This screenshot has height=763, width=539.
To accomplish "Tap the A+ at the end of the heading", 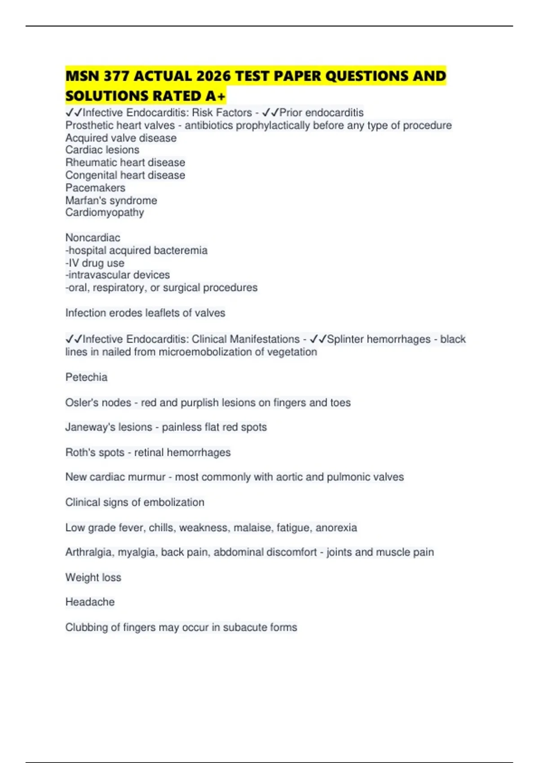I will click(x=216, y=96).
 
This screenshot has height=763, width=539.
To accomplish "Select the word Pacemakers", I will click(x=95, y=188).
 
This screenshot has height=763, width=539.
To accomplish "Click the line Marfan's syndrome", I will click(x=111, y=200).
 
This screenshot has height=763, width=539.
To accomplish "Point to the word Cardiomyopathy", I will click(x=105, y=212).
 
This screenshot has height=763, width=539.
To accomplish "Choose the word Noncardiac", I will click(x=93, y=237).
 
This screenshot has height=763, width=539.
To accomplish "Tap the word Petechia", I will click(x=86, y=377).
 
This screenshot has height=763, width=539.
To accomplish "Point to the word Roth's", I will click(x=79, y=452).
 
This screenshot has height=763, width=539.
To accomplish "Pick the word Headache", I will click(x=90, y=602).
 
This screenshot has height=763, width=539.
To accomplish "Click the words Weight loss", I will click(x=93, y=577).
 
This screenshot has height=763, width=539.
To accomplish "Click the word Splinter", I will click(x=345, y=339).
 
